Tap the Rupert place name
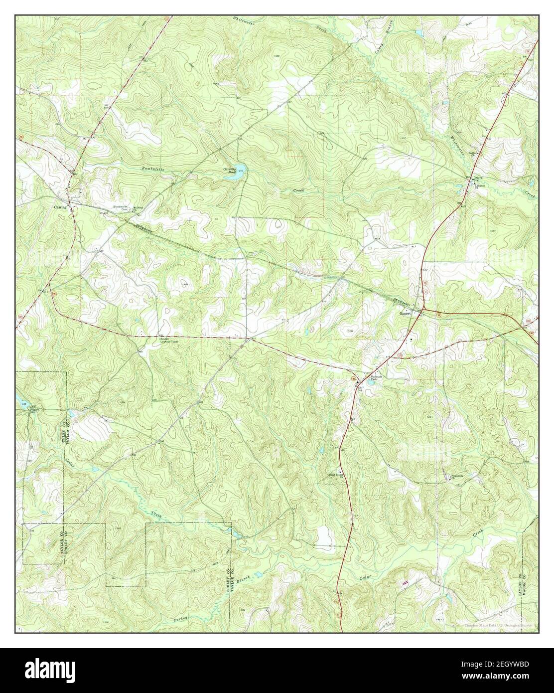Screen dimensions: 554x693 click(x=406, y=314)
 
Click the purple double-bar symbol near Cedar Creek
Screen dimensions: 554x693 click(x=405, y=582)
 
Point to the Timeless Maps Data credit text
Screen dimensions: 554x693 click(x=498, y=625)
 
